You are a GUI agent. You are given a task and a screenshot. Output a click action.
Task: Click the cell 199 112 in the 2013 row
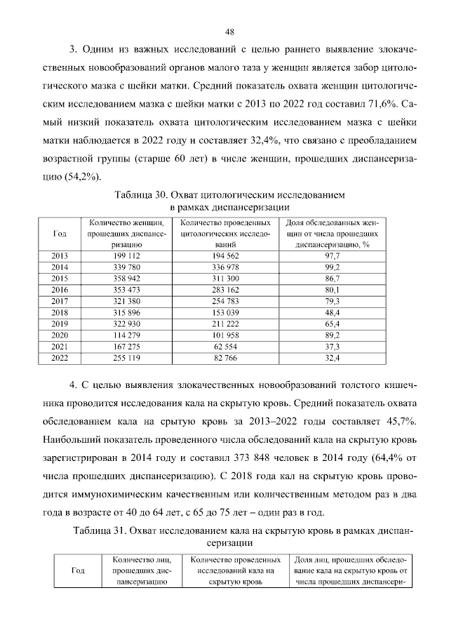tap(126, 257)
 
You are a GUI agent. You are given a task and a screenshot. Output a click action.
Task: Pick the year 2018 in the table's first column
tap(60, 312)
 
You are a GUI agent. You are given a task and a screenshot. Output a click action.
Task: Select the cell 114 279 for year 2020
tap(126, 335)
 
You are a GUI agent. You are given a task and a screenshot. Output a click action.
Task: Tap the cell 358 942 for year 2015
tap(126, 279)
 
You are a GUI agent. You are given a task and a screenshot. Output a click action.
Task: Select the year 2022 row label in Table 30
tap(60, 358)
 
